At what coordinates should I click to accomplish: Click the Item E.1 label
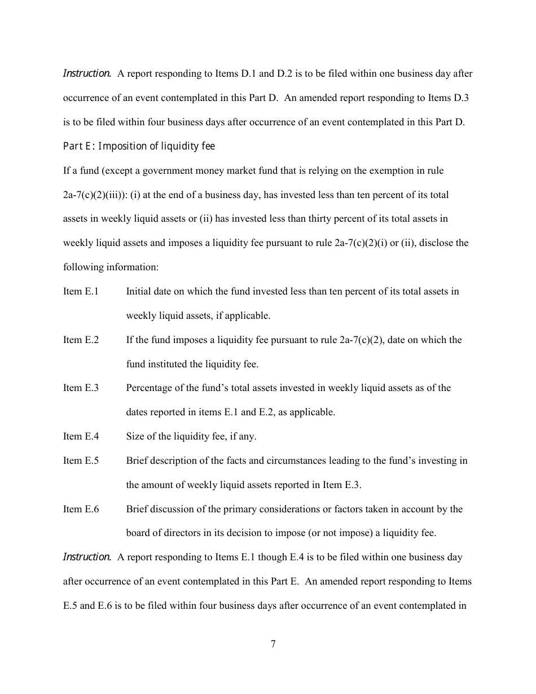tap(81, 292)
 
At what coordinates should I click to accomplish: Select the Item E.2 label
tap(81, 340)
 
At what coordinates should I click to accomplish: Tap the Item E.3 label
tap(81, 388)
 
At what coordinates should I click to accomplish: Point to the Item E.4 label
tap(81, 436)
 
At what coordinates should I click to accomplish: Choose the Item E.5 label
tap(81, 460)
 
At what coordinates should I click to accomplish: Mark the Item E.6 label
tap(81, 509)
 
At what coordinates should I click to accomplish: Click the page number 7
tap(273, 644)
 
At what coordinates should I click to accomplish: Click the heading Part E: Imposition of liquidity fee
tap(139, 147)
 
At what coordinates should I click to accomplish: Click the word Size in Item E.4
tap(135, 436)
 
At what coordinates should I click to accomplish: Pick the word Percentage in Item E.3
tap(150, 388)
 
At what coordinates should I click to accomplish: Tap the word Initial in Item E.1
tap(138, 292)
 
